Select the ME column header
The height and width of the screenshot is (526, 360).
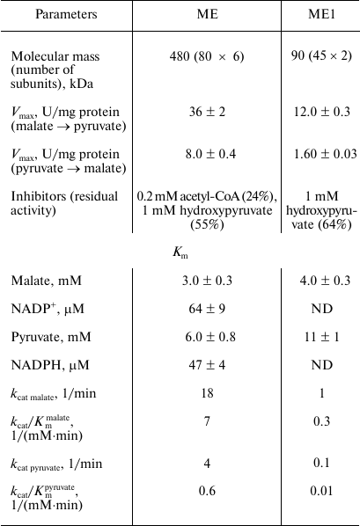click(209, 14)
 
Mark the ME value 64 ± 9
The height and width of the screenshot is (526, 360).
click(209, 309)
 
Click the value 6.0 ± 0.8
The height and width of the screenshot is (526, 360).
click(209, 337)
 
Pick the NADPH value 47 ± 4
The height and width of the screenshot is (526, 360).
click(209, 365)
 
